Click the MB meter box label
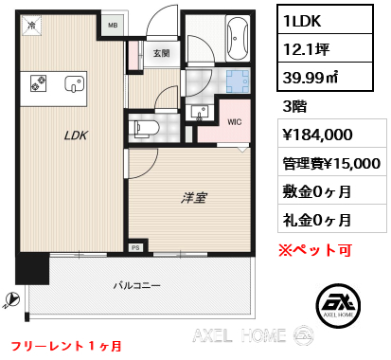click(x=113, y=25)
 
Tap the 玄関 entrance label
click(x=162, y=53)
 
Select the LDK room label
click(x=76, y=135)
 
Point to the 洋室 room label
click(x=194, y=198)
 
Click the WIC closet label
click(x=235, y=122)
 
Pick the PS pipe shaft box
click(x=135, y=247)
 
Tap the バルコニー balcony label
click(x=137, y=286)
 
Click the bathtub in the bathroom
click(x=238, y=38)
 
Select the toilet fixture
click(x=144, y=129)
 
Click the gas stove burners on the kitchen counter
click(x=39, y=83)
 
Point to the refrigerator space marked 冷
click(x=31, y=26)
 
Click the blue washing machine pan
click(x=238, y=81)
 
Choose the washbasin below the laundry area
click(x=200, y=113)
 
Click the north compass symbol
click(x=11, y=300)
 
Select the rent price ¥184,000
click(x=317, y=135)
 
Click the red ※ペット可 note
click(x=315, y=250)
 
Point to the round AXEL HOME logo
click(x=338, y=305)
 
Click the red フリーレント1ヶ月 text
click(x=66, y=346)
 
